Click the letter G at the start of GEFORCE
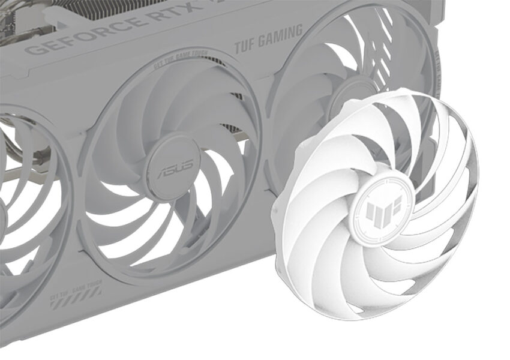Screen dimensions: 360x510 point(34,49)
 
